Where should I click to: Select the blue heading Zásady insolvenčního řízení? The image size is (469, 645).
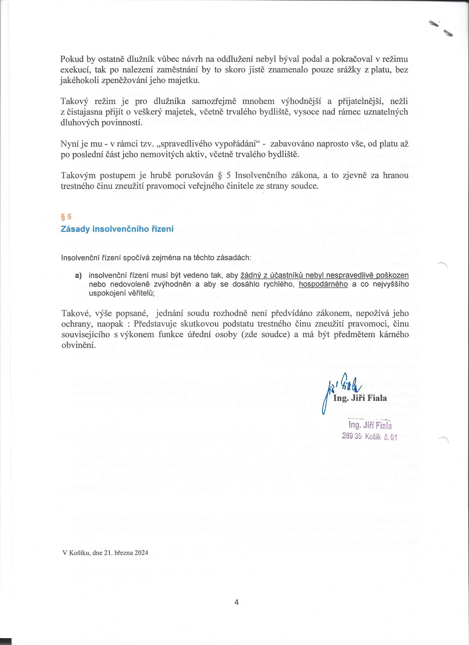[x=117, y=229]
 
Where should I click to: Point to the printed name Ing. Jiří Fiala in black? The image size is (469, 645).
[x=360, y=398]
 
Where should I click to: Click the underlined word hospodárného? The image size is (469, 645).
[x=323, y=284]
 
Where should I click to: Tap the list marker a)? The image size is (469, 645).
[x=78, y=276]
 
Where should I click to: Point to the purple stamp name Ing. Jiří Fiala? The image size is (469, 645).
[x=369, y=425]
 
